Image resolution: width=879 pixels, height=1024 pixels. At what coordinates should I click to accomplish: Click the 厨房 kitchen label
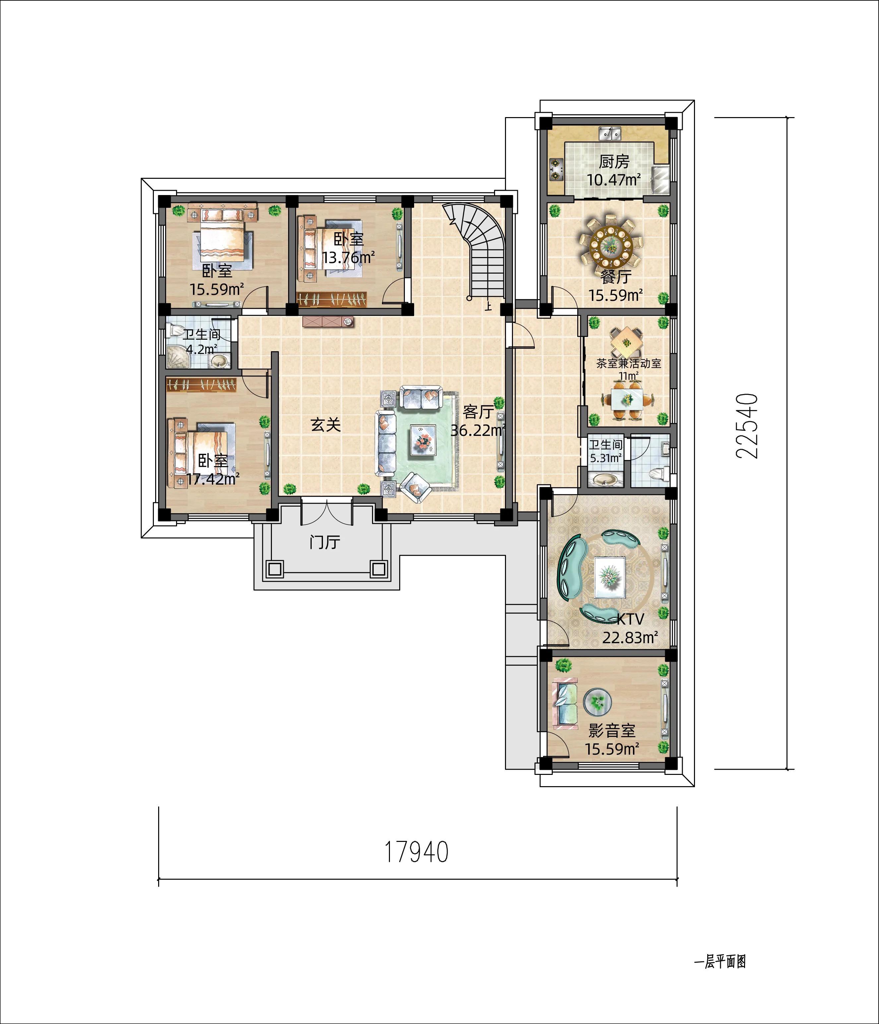614,162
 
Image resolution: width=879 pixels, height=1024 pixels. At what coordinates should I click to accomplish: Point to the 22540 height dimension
747,426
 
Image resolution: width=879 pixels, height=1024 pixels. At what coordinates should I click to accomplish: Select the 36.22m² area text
478,431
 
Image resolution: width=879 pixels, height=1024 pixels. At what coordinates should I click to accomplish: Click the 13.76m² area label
348,257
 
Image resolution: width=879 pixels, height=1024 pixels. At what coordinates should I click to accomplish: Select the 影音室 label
612,730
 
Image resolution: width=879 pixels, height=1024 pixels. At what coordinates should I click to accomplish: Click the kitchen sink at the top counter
610,133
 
